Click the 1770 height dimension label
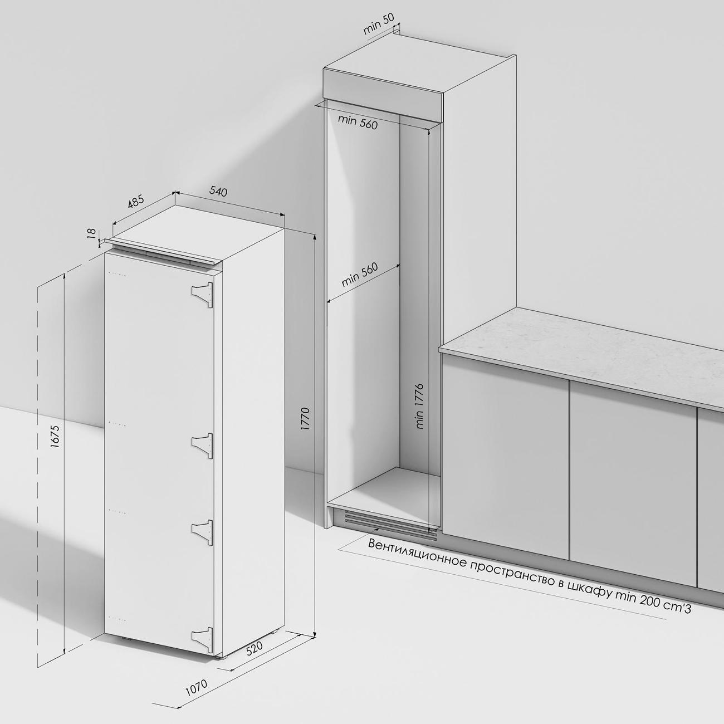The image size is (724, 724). pos(305,419)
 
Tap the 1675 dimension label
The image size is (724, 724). pos(55,437)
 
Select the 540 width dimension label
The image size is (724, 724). pos(218,192)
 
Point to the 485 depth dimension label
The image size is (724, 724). pos(136,202)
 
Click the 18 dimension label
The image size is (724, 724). pos(91,233)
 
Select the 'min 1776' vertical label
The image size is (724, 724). pos(419,407)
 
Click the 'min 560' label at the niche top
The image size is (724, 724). pos(358,122)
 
